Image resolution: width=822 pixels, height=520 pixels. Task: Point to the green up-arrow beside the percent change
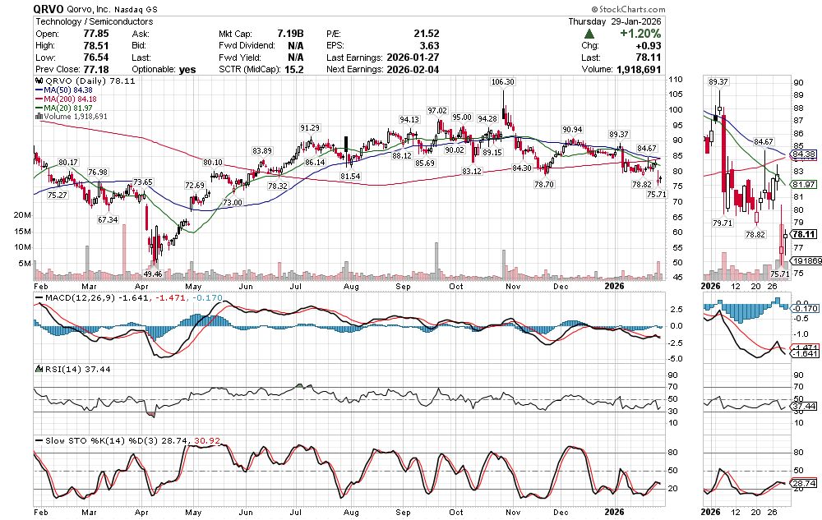pos(589,34)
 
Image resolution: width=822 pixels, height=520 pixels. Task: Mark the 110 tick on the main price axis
pos(675,80)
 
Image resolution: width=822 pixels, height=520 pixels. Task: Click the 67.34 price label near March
pos(108,220)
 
